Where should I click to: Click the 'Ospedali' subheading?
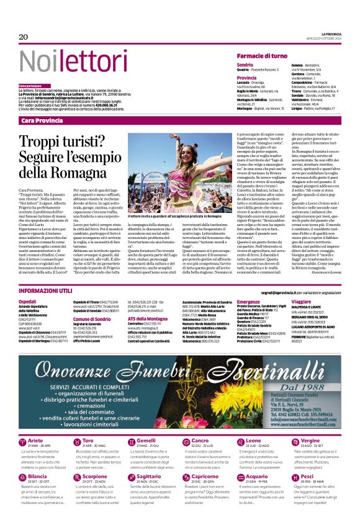pos(27,300)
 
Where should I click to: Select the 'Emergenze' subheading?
pos(248,300)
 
